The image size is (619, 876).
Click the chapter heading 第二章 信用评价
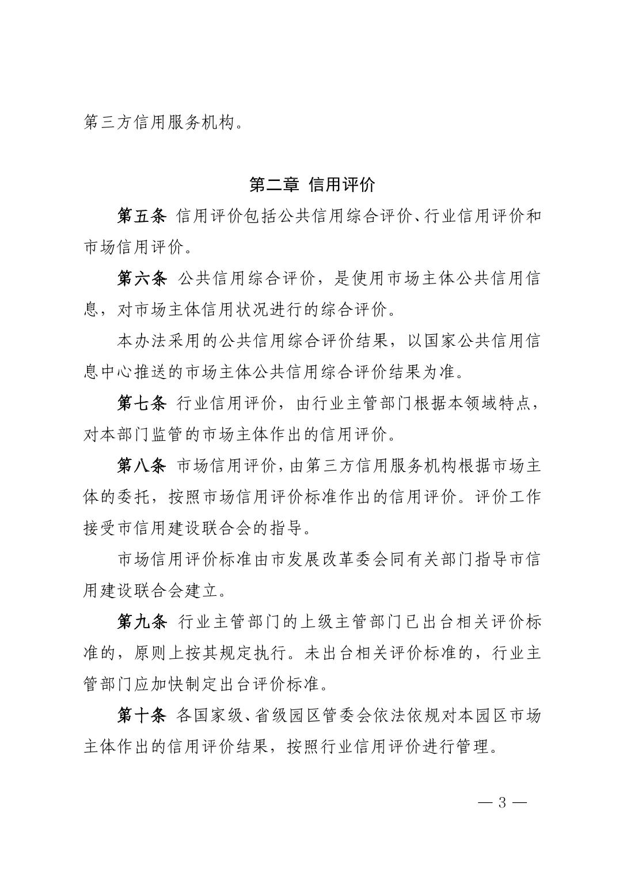pos(312,186)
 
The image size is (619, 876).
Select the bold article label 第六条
pos(142,279)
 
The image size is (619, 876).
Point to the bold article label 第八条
pos(142,465)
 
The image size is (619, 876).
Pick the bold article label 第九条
pos(142,622)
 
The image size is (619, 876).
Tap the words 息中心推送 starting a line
pos(126,372)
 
